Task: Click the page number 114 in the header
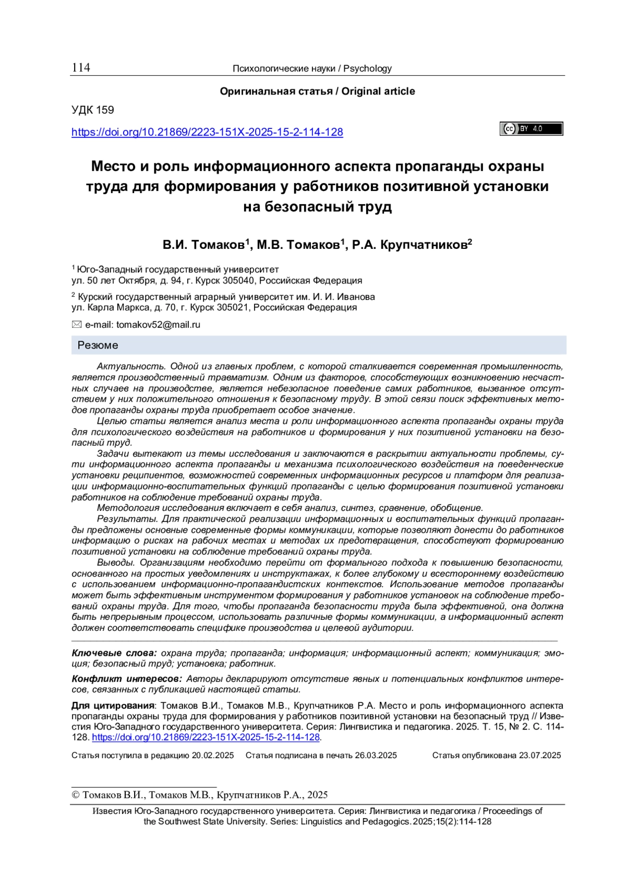click(x=81, y=68)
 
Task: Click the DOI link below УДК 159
click(x=207, y=132)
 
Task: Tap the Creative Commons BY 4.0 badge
click(x=531, y=129)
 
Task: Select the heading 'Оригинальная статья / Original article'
click(x=317, y=91)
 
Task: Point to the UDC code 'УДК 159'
click(x=93, y=110)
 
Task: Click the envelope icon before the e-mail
click(x=77, y=325)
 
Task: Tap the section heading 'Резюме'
click(x=98, y=345)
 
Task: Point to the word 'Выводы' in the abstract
click(x=115, y=562)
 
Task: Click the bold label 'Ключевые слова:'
click(x=114, y=653)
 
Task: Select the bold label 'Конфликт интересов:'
click(x=126, y=679)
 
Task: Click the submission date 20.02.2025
click(x=213, y=756)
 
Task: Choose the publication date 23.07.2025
click(x=540, y=756)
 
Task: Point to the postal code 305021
click(x=233, y=307)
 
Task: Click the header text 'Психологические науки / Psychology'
click(x=312, y=68)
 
